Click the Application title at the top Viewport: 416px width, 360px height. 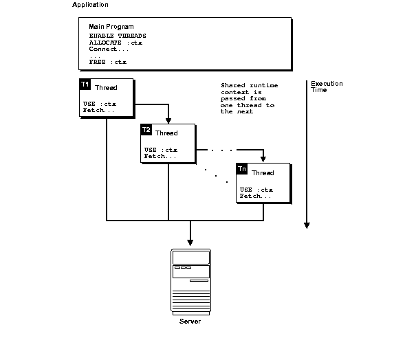coord(90,5)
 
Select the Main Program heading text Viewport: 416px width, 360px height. coord(111,27)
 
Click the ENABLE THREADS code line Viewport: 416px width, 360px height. coord(117,35)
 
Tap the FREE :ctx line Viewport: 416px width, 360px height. coord(107,62)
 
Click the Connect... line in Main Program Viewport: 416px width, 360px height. coord(109,49)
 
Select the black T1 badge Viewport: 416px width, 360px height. coord(85,85)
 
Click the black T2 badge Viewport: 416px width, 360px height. coord(146,129)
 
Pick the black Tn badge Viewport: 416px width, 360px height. coord(242,168)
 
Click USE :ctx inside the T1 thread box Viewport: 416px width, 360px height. coord(99,104)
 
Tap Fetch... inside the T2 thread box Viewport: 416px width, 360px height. coord(160,156)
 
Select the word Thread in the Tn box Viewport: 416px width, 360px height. coord(263,172)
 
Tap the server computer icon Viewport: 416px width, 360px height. coord(190,280)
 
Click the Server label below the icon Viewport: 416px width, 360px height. coord(190,322)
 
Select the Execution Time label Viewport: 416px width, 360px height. coord(326,87)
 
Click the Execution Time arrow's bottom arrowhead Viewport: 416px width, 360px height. coord(307,225)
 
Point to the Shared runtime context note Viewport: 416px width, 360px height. coord(247,98)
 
